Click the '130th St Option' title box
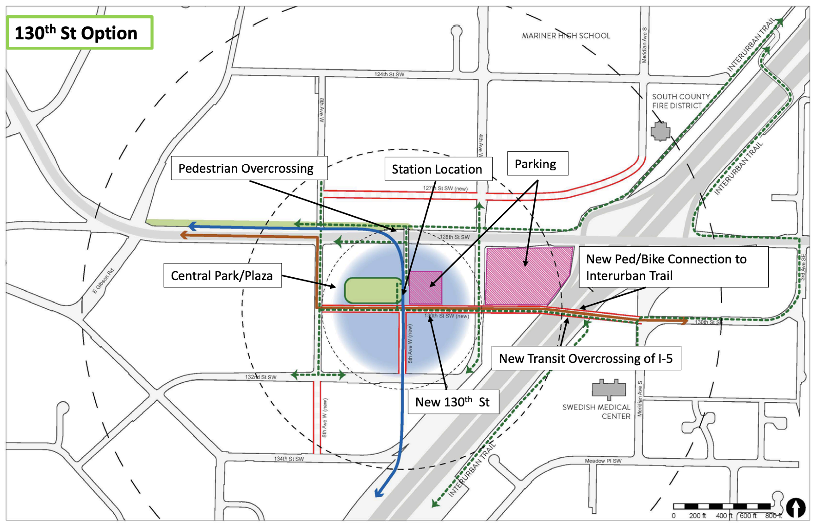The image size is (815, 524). coord(80,33)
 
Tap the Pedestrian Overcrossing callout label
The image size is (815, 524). coord(249,168)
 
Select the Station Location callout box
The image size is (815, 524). coord(438,169)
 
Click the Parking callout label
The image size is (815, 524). coord(537,164)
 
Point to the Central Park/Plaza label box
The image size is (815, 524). coord(222,275)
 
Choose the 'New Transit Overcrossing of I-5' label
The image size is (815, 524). coord(586,358)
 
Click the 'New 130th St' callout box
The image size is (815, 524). coord(453,401)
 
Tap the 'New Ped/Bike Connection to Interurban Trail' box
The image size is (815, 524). coord(673,267)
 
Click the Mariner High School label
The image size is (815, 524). coord(566,36)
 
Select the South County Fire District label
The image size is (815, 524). coord(680,101)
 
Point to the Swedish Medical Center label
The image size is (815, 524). coord(597,411)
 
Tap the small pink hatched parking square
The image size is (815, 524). coord(426,287)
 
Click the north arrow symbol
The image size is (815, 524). coord(796,507)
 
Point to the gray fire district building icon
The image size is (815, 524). coord(660,131)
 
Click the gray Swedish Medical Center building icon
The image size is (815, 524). coord(609,388)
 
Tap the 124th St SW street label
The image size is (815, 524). coord(389,74)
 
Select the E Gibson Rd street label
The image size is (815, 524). coord(103,281)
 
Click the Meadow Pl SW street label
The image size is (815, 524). coord(603,461)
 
